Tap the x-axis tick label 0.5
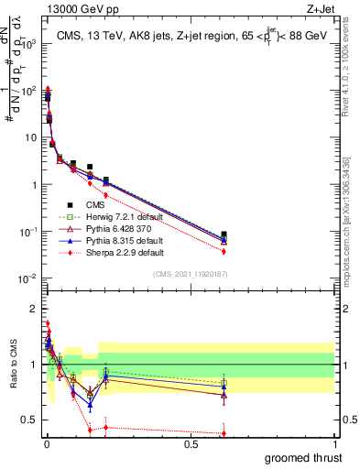191,443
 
